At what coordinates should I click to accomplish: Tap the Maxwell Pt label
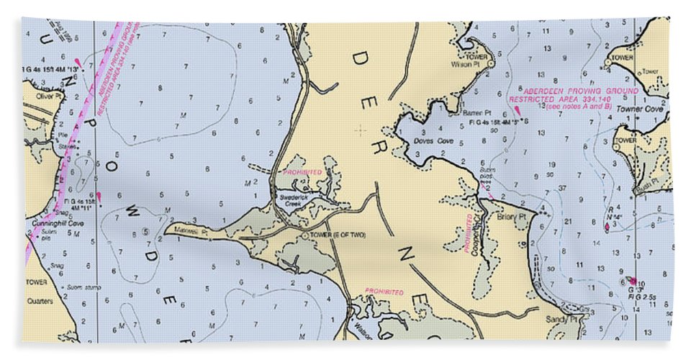(194, 233)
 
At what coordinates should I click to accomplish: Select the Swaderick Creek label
(294, 200)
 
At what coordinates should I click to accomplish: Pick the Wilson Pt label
(461, 63)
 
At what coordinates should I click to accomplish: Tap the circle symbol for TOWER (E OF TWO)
(304, 235)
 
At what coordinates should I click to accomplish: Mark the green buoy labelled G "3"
(632, 280)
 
